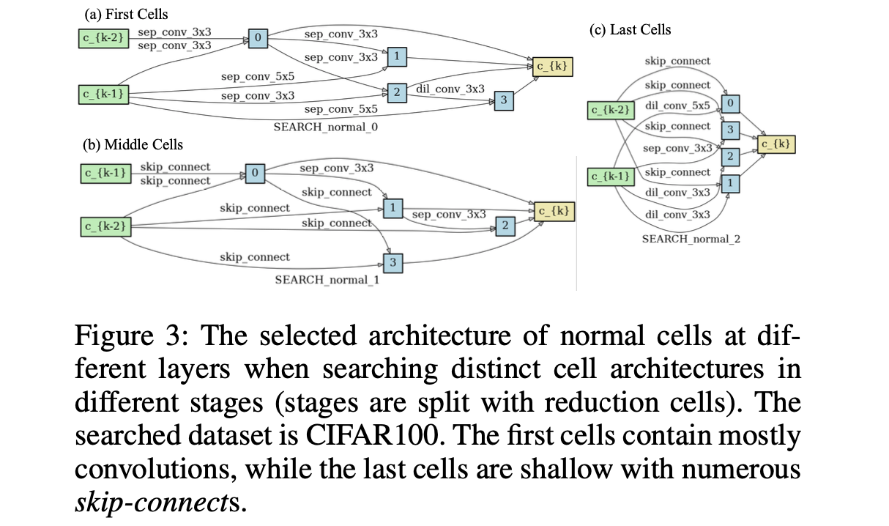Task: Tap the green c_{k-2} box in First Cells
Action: (104, 38)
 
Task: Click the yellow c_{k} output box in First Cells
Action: (551, 67)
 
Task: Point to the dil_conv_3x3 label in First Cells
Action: (450, 89)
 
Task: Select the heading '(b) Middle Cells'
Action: (133, 144)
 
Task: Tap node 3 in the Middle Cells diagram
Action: (393, 262)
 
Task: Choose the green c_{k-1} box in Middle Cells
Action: (104, 174)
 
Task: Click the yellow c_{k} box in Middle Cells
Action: (553, 211)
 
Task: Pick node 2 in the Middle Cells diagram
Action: (505, 226)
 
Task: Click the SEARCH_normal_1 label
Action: (327, 280)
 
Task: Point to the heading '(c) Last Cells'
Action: (630, 30)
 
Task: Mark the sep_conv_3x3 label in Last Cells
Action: (677, 148)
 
